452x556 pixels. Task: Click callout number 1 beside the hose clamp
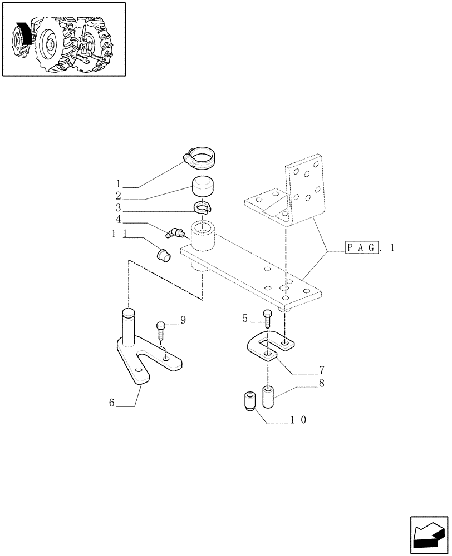coord(119,183)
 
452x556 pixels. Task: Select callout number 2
coord(119,196)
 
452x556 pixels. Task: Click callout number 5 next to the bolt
coord(244,319)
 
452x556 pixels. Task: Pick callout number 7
coord(322,369)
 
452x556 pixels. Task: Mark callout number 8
coord(322,383)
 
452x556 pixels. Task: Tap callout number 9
coord(182,320)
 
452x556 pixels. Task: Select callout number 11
coord(119,236)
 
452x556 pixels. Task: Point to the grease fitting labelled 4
coord(175,231)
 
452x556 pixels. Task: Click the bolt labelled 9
coord(161,331)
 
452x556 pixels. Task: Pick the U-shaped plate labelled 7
coord(269,348)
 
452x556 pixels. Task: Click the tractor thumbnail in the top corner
coord(63,39)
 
